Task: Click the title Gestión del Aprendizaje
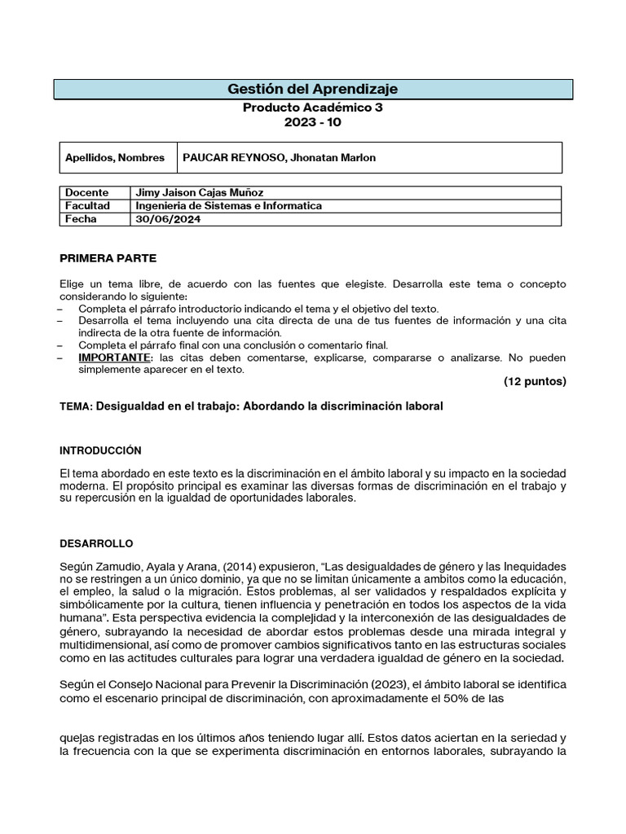click(313, 89)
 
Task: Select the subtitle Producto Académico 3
click(313, 107)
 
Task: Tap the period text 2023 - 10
click(313, 122)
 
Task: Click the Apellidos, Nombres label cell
click(115, 158)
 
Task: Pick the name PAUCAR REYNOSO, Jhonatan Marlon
click(280, 158)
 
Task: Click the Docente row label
click(87, 193)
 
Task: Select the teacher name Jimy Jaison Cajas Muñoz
click(200, 193)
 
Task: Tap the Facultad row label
click(88, 206)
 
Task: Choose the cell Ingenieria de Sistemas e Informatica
click(229, 206)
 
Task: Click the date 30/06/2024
click(166, 219)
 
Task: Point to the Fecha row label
click(82, 219)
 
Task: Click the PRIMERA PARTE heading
click(108, 258)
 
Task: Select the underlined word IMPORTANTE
click(114, 358)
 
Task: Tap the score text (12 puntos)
click(535, 381)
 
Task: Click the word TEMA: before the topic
click(77, 406)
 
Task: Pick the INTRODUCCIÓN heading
click(101, 450)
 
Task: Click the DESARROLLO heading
click(96, 543)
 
